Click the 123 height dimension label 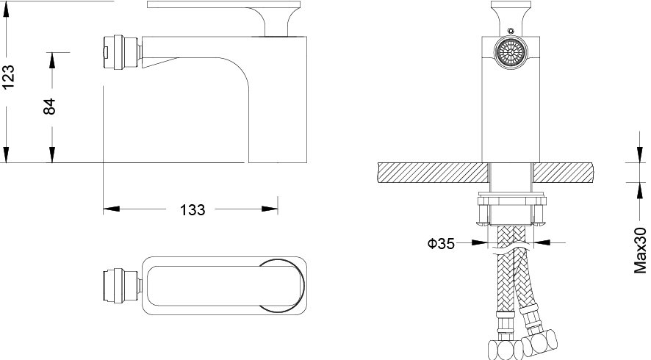(8, 76)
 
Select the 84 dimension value (49, 107)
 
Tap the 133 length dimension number (193, 210)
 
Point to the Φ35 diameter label (441, 243)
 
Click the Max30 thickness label (640, 250)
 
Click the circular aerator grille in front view (510, 51)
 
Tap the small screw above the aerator (511, 31)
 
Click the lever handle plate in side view (223, 4)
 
